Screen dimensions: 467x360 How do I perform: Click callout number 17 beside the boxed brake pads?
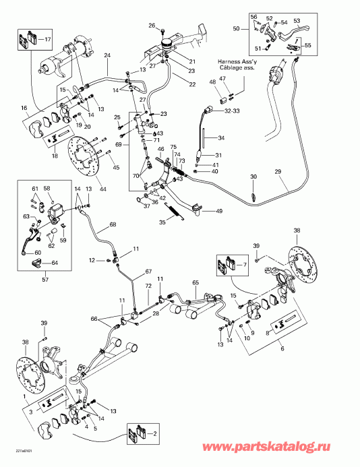click(x=48, y=40)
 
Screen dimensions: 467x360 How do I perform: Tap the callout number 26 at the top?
click(x=152, y=26)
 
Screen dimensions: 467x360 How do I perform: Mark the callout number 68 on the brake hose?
click(x=113, y=224)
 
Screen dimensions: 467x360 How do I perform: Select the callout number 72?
click(x=148, y=287)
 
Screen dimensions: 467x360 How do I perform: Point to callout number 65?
click(x=196, y=283)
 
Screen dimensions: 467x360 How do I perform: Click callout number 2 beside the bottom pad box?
click(x=155, y=433)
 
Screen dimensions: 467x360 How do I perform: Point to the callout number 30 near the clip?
click(x=254, y=177)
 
